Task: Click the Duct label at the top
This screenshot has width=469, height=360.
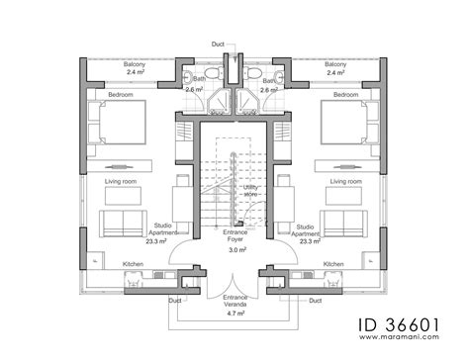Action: pyautogui.click(x=217, y=45)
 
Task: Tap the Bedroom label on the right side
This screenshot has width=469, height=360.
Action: pyautogui.click(x=346, y=95)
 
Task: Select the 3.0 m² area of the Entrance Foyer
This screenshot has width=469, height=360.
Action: pyautogui.click(x=235, y=251)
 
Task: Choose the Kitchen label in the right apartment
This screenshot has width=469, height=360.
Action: pyautogui.click(x=333, y=264)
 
